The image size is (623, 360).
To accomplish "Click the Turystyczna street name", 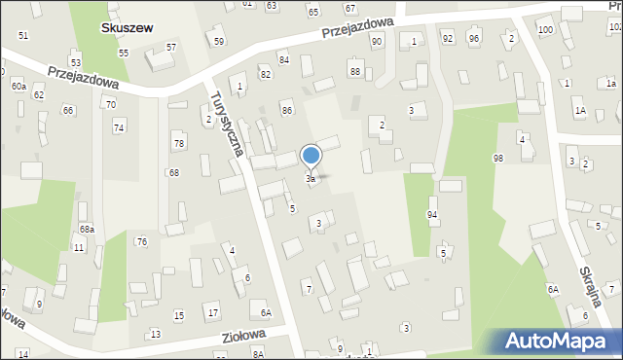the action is click(225, 124).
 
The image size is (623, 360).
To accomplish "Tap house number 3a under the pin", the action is click(310, 179).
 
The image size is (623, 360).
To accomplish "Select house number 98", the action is click(498, 158).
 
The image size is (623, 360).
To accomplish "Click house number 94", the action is click(431, 214).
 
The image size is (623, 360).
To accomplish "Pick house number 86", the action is click(287, 110).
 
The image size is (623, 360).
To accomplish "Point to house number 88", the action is click(355, 72).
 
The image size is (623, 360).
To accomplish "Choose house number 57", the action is click(171, 48).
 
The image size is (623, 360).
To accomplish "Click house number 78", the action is click(178, 144).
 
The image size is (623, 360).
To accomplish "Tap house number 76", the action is click(141, 241).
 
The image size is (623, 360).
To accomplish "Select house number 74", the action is click(119, 127).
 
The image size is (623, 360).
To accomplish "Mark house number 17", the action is click(212, 312).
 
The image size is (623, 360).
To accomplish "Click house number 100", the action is click(545, 30).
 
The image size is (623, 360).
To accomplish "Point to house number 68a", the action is click(87, 229).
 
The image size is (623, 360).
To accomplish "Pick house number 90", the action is click(377, 42).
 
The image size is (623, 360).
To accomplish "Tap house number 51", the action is click(23, 35).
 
